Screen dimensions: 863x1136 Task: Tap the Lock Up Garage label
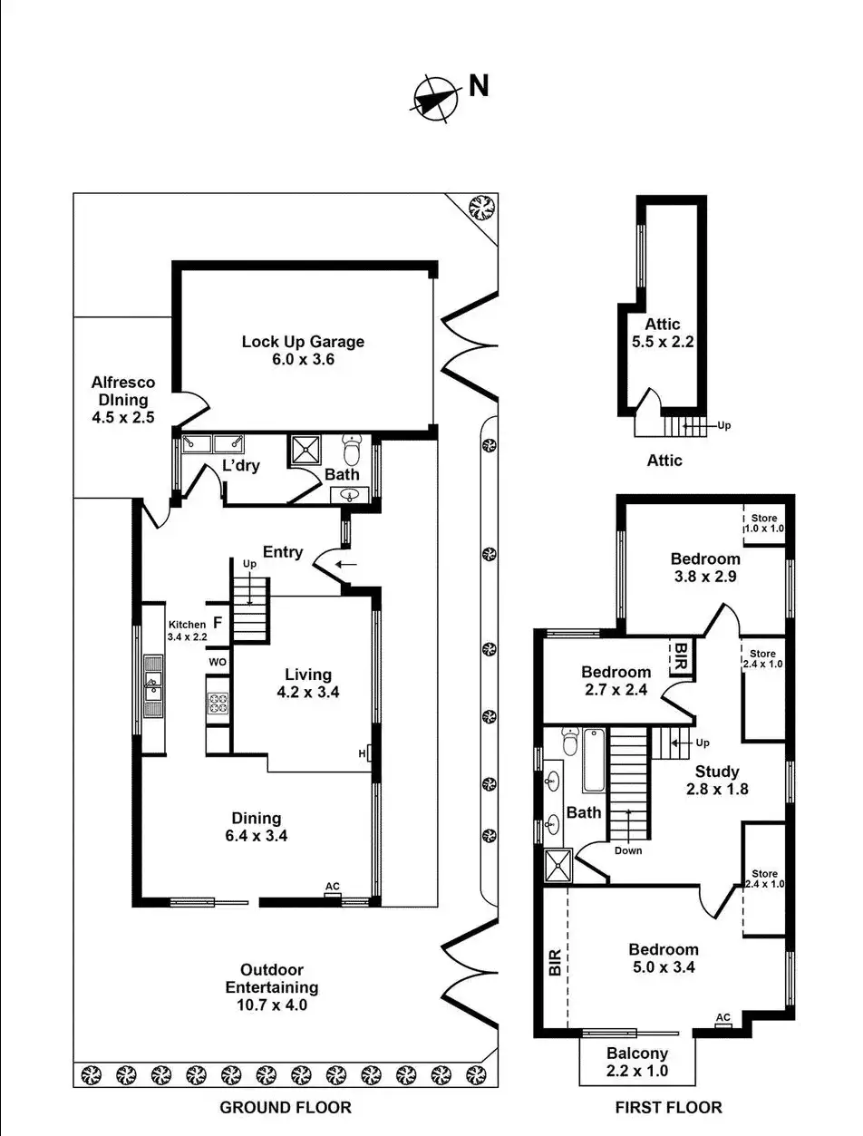pyautogui.click(x=303, y=342)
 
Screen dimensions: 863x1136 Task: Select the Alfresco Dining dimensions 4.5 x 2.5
pyautogui.click(x=123, y=418)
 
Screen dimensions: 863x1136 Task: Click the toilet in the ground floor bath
pyautogui.click(x=353, y=449)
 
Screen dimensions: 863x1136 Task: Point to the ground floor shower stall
pyautogui.click(x=306, y=451)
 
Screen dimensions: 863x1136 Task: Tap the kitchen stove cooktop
pyautogui.click(x=218, y=703)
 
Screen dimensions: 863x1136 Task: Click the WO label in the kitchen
pyautogui.click(x=218, y=663)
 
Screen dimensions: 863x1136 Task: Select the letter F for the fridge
pyautogui.click(x=218, y=623)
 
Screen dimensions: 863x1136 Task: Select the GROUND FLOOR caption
pyautogui.click(x=286, y=1107)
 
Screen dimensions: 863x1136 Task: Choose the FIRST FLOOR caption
pyautogui.click(x=669, y=1107)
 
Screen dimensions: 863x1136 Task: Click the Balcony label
pyautogui.click(x=637, y=1053)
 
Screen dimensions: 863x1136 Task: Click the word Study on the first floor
pyautogui.click(x=718, y=772)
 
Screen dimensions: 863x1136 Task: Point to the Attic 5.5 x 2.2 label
pyautogui.click(x=663, y=334)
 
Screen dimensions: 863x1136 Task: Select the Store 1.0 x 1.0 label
pyautogui.click(x=764, y=523)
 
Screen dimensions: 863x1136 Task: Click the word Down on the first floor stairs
pyautogui.click(x=627, y=850)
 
